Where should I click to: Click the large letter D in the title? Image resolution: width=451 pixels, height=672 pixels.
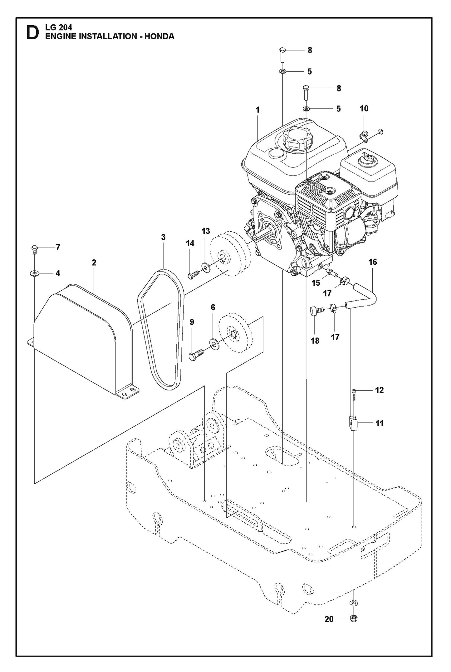click(x=32, y=33)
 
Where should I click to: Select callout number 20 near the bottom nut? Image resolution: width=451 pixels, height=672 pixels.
click(x=329, y=619)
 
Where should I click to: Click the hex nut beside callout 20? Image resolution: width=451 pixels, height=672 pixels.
click(x=354, y=617)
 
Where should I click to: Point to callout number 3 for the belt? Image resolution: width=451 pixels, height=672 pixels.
click(x=163, y=237)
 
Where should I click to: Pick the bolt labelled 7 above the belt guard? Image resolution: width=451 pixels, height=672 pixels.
click(x=34, y=249)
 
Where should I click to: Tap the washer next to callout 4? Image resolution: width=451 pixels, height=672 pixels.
click(x=34, y=273)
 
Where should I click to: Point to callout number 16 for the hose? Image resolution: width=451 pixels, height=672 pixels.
click(x=373, y=262)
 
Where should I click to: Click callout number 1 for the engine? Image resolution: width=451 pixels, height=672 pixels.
click(x=257, y=110)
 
